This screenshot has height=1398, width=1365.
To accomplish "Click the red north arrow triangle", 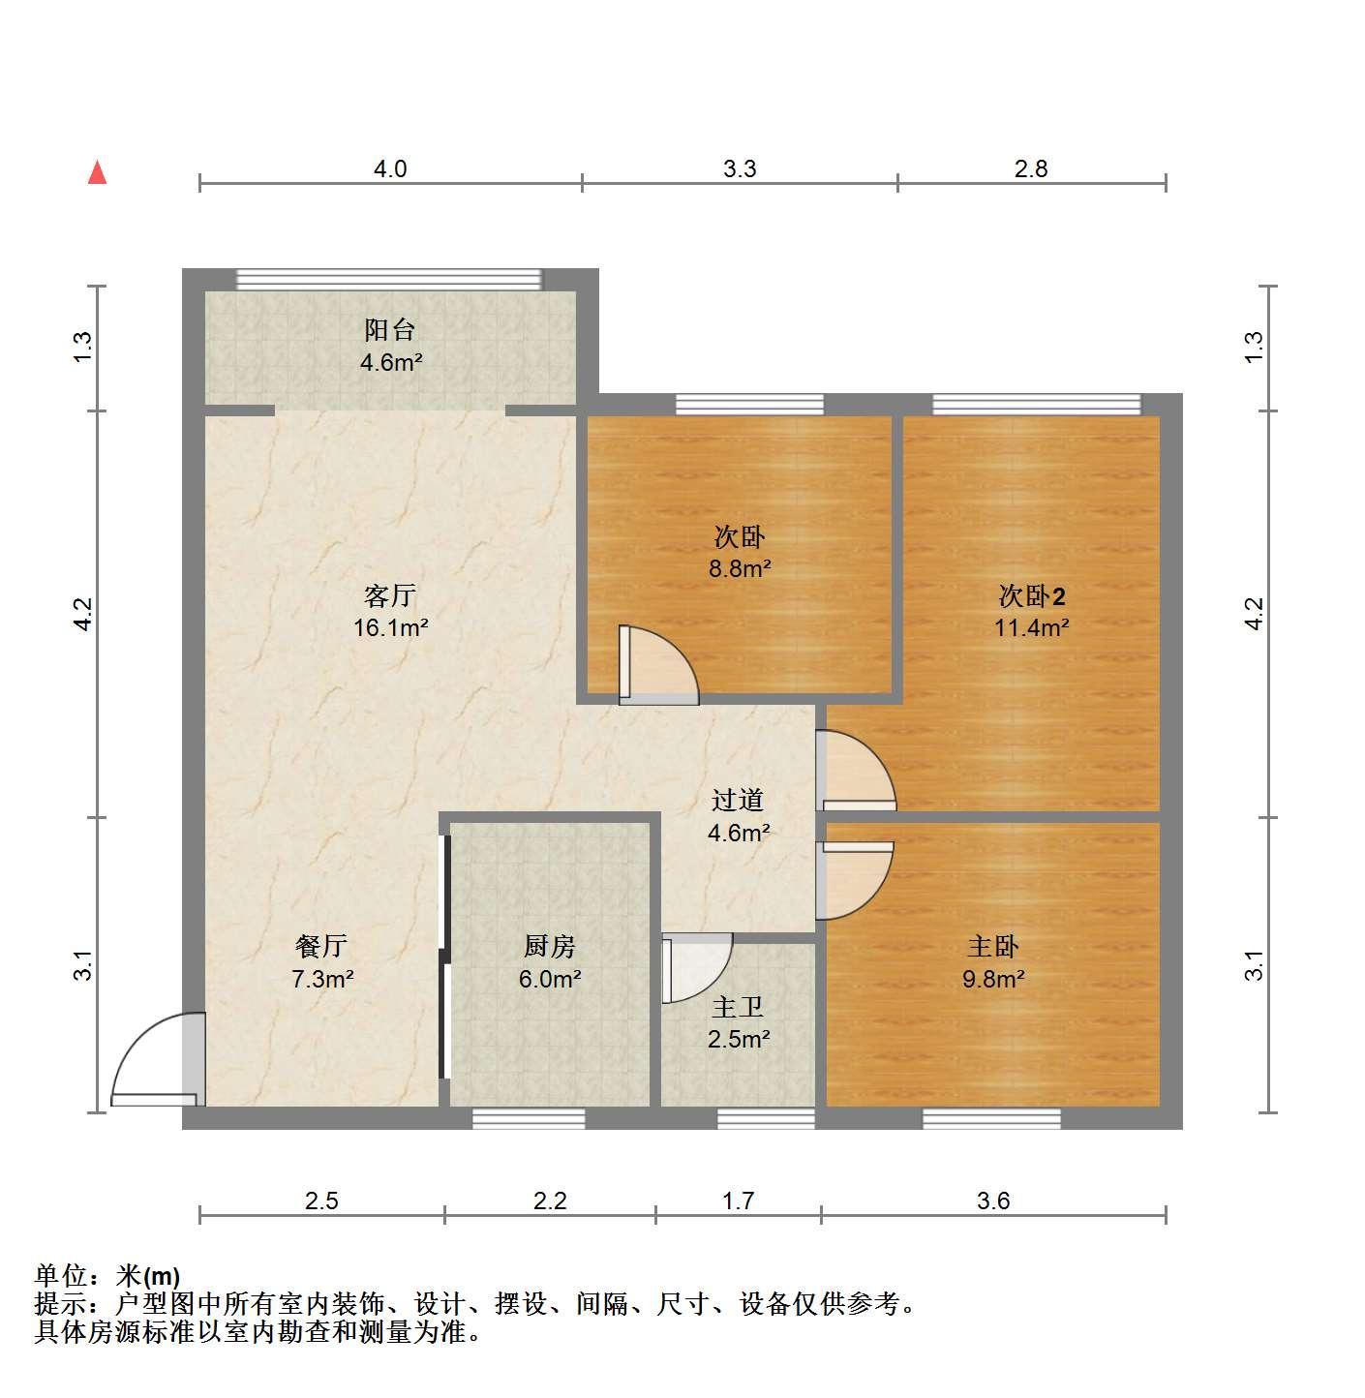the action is [x=97, y=173].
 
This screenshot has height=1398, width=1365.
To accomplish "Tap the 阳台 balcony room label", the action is [x=390, y=330].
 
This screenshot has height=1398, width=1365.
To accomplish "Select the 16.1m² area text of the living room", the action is [x=391, y=628].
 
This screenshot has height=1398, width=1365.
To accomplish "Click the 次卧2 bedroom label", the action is [x=1032, y=595].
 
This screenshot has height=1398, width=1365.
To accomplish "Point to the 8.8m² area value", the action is [x=740, y=568].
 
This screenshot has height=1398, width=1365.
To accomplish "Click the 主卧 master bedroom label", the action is [x=993, y=946].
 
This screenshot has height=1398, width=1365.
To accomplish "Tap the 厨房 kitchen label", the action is [x=550, y=946].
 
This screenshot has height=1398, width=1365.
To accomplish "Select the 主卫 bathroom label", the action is [x=738, y=1007].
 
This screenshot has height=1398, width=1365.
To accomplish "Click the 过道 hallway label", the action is [x=738, y=801].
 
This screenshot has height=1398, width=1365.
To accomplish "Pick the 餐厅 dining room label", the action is [x=321, y=946].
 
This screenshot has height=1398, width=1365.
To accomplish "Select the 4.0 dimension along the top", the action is [x=390, y=168].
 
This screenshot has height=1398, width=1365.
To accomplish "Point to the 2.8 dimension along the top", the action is [x=1031, y=168].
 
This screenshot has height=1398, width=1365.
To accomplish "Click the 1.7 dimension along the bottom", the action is [x=738, y=1200].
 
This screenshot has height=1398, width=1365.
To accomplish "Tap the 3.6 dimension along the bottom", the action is [x=993, y=1200].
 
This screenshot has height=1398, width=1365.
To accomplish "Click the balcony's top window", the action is [x=389, y=280].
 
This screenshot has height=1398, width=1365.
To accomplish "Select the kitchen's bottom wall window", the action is [x=528, y=1118].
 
